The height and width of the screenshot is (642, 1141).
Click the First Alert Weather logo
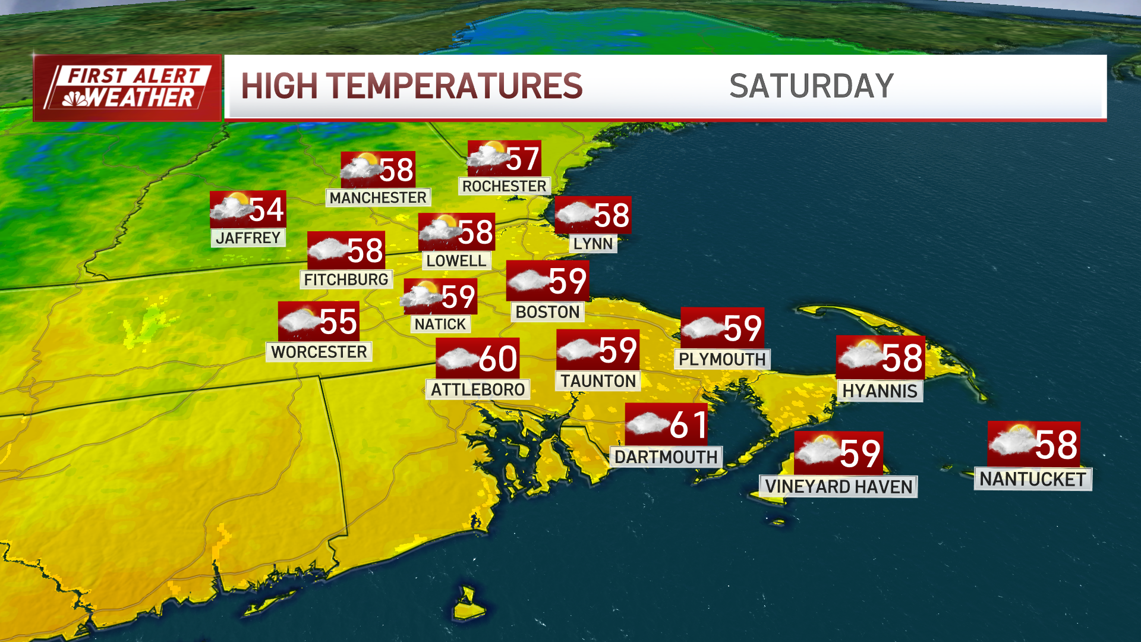(127, 88)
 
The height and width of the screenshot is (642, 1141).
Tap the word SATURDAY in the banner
(811, 86)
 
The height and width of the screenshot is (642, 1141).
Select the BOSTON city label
(547, 312)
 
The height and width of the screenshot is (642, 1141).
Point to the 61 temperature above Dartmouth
(689, 425)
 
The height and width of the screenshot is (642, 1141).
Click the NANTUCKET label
(1032, 479)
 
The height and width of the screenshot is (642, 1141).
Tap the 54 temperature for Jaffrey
(266, 210)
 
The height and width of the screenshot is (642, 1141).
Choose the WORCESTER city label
(319, 352)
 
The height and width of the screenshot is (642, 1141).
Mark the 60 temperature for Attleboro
(498, 358)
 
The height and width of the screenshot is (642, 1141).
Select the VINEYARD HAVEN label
(838, 487)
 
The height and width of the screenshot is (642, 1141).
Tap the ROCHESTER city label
(504, 186)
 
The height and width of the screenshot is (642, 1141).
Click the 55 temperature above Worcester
(338, 322)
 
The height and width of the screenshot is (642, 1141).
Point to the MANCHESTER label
(378, 197)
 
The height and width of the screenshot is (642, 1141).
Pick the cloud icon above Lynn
(575, 213)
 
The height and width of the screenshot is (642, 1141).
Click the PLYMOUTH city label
(722, 359)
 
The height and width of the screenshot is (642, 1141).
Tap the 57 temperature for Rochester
(523, 159)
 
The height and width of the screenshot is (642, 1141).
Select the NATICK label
(440, 324)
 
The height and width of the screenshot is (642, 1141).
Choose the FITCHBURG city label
(346, 279)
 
